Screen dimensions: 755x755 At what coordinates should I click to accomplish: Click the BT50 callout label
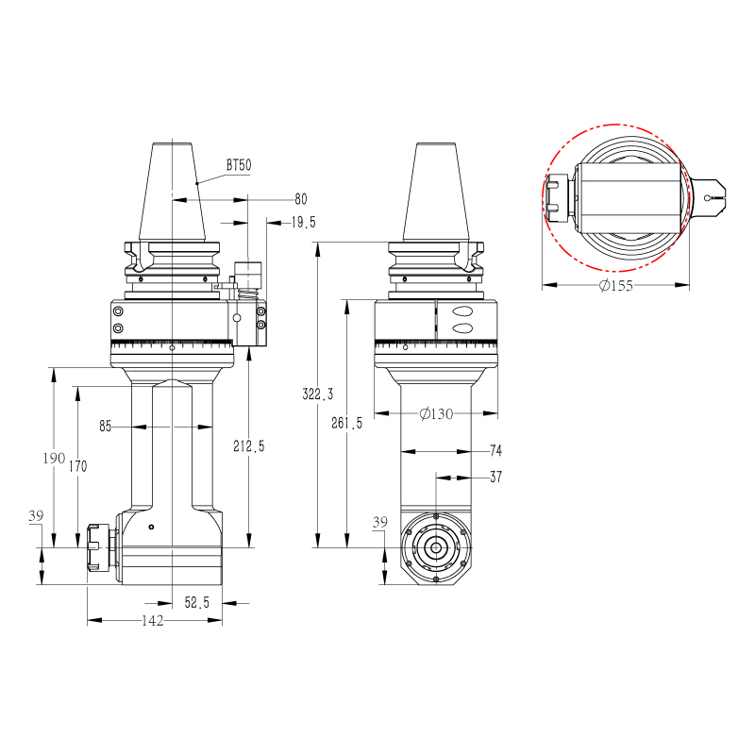pos(239,165)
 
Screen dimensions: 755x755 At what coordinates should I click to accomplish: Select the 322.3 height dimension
pos(318,394)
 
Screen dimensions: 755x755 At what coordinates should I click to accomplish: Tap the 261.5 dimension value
pos(346,423)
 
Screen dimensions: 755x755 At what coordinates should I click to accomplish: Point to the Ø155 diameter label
pos(616,286)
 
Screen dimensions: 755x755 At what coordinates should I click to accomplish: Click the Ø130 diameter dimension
pos(436,413)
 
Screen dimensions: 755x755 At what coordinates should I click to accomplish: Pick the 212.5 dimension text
pos(249,446)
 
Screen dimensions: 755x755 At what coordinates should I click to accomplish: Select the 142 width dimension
pos(153,621)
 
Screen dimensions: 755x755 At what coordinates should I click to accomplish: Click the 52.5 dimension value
pos(197,602)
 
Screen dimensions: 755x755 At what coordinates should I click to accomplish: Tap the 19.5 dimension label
pos(303,222)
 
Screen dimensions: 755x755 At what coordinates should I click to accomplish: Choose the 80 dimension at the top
pos(301,199)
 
